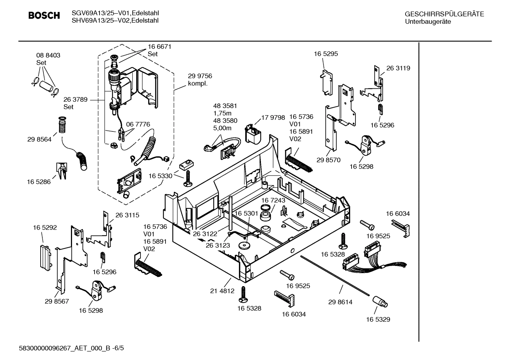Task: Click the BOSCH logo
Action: [44, 16]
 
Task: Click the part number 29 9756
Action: [200, 76]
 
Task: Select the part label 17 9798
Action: [273, 117]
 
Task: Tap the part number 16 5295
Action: [326, 54]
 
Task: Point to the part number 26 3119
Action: [398, 68]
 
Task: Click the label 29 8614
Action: [340, 302]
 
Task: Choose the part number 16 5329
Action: [378, 319]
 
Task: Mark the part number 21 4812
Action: [222, 291]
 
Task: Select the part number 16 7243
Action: [273, 200]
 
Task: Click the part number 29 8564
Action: [39, 140]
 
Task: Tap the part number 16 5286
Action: [38, 182]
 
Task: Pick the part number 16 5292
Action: [45, 228]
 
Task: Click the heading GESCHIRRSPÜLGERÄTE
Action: [444, 14]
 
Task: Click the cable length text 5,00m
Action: [222, 128]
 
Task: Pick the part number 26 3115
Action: [127, 215]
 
